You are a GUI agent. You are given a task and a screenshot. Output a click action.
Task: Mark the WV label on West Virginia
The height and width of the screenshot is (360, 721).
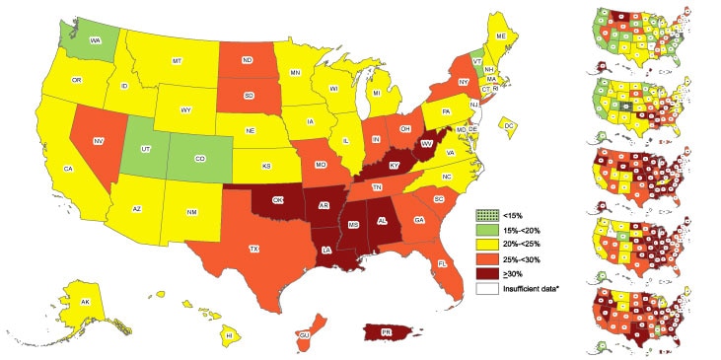pyautogui.click(x=427, y=144)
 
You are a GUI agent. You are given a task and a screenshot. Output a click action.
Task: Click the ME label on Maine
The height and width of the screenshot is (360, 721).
pyautogui.click(x=501, y=36)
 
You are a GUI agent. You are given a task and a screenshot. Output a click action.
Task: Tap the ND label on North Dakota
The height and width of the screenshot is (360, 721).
pyautogui.click(x=247, y=58)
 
